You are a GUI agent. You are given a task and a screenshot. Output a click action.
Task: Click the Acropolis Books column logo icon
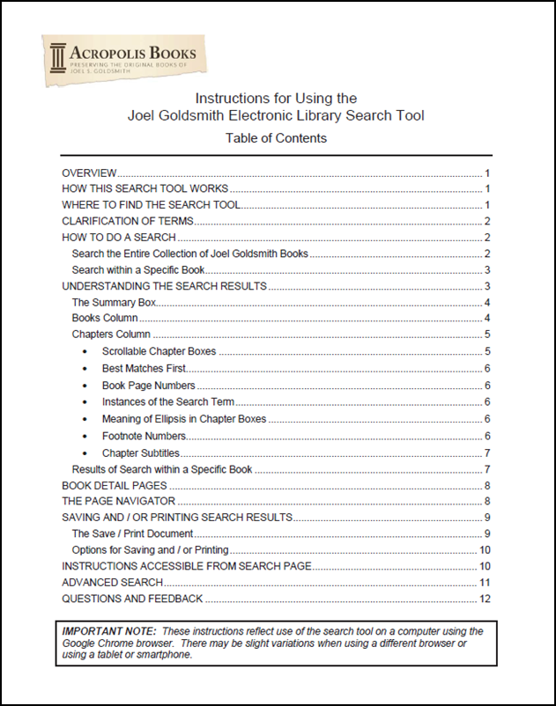58,58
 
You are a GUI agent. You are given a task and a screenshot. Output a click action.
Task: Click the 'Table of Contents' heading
276,138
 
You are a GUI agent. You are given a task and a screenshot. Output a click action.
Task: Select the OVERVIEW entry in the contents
89,173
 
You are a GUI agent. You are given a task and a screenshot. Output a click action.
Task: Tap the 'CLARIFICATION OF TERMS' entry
127,221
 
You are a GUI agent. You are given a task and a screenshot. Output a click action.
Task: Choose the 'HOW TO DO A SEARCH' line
119,238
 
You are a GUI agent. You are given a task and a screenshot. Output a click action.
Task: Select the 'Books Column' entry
104,318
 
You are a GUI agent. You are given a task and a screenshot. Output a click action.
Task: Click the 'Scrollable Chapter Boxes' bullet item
159,351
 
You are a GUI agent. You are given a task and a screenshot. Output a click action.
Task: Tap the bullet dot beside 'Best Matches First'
85,368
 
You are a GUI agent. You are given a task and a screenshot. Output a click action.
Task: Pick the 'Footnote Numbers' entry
144,436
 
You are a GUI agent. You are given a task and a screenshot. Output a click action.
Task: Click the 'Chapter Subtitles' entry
140,452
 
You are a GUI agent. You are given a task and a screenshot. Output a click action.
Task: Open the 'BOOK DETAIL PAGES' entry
114,485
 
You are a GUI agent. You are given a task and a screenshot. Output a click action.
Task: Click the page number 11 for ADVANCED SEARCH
484,582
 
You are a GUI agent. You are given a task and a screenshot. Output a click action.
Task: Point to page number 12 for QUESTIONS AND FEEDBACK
484,599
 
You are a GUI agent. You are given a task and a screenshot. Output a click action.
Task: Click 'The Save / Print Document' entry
132,533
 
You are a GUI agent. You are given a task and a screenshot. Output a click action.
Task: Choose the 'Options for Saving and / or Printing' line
151,550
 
